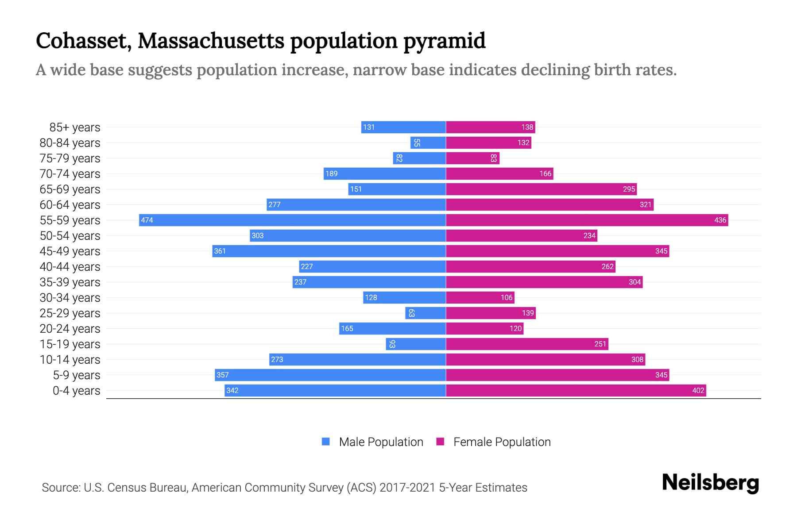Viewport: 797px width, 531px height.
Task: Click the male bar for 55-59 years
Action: pyautogui.click(x=292, y=220)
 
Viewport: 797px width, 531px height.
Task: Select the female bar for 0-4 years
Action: pyautogui.click(x=576, y=390)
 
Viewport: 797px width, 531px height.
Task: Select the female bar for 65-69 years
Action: pyautogui.click(x=541, y=189)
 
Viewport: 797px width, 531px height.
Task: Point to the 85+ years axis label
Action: pyautogui.click(x=74, y=127)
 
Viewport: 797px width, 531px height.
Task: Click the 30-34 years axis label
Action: pyautogui.click(x=70, y=298)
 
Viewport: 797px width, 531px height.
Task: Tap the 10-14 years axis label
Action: pyautogui.click(x=70, y=360)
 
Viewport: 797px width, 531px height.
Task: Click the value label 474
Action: pyautogui.click(x=147, y=220)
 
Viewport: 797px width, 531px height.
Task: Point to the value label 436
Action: pyautogui.click(x=720, y=220)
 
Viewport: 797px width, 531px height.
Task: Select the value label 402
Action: pyautogui.click(x=698, y=391)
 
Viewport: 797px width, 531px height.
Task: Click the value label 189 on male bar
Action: pyautogui.click(x=331, y=174)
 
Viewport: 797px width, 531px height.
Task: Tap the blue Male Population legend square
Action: pyautogui.click(x=326, y=442)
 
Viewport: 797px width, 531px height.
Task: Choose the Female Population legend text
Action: pyautogui.click(x=502, y=442)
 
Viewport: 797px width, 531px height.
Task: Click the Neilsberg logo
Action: pyautogui.click(x=710, y=483)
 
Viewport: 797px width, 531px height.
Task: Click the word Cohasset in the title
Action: pyautogui.click(x=84, y=41)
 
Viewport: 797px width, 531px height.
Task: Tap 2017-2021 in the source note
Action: pyautogui.click(x=407, y=488)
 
